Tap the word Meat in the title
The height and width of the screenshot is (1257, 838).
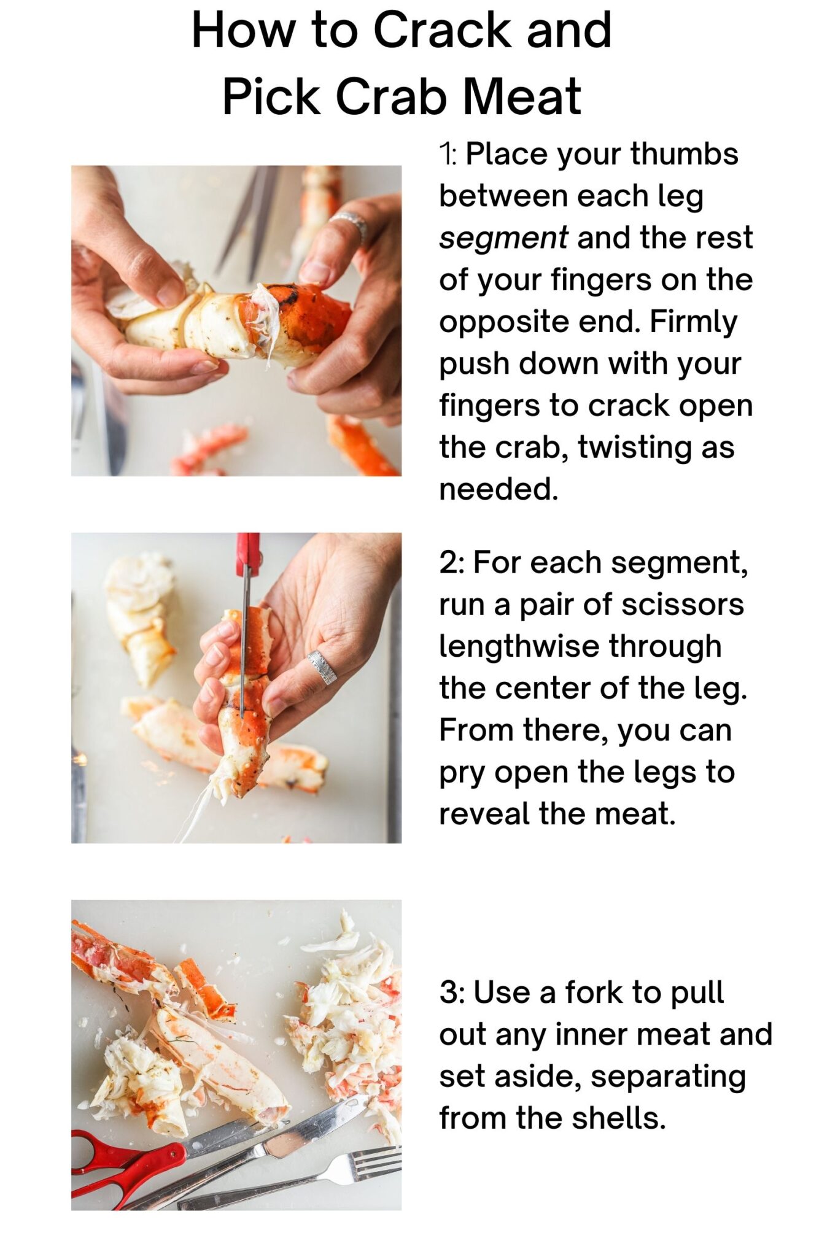point(522,96)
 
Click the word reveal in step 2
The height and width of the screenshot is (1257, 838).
point(484,814)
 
